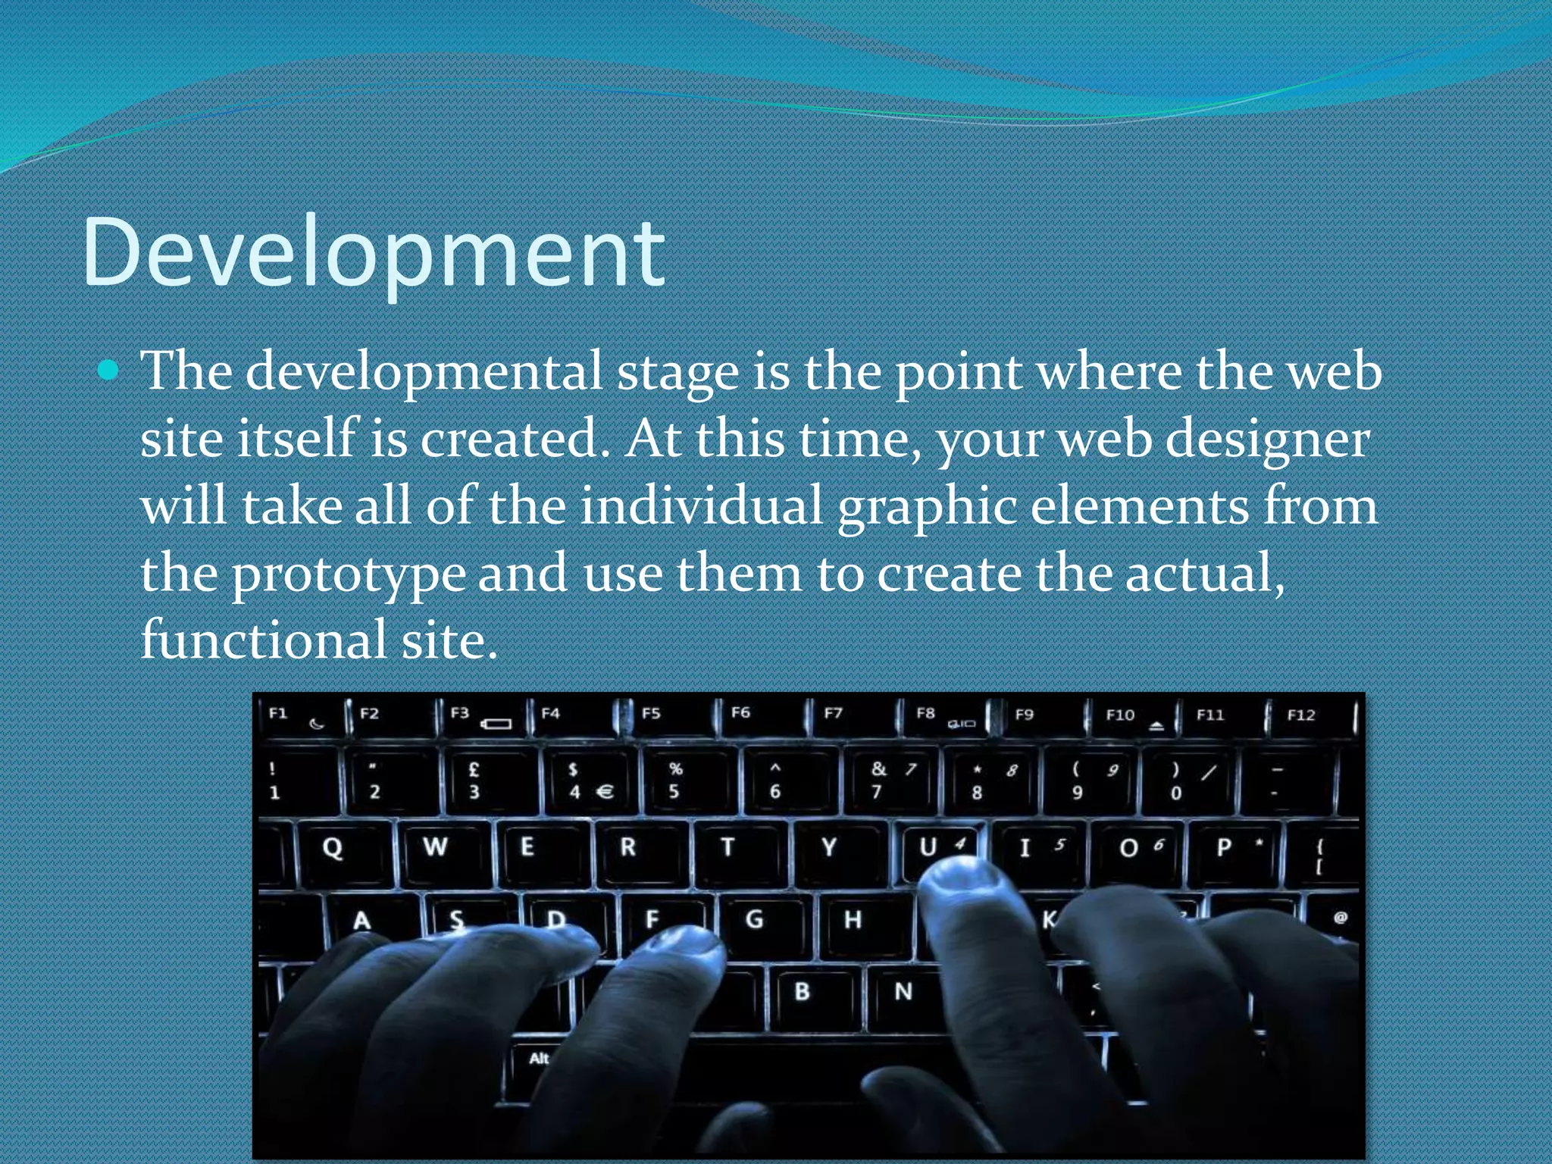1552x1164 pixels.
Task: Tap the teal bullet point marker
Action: [x=109, y=371]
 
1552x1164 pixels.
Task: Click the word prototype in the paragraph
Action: [x=348, y=574]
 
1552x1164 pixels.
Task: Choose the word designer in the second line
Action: [x=1267, y=440]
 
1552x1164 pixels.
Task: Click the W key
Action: [x=435, y=847]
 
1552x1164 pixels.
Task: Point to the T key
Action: [x=727, y=847]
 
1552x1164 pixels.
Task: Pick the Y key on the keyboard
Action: [x=829, y=847]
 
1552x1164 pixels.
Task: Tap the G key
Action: [x=754, y=920]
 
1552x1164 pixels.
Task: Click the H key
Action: [x=853, y=920]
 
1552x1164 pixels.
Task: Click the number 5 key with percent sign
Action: [x=674, y=781]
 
